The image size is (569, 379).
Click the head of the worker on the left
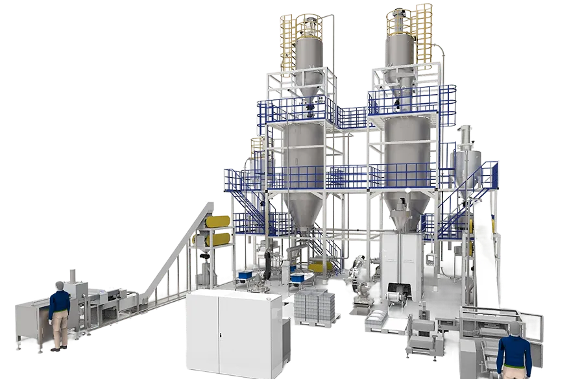click(x=60, y=286)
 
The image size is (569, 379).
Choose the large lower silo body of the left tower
click(x=303, y=153)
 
